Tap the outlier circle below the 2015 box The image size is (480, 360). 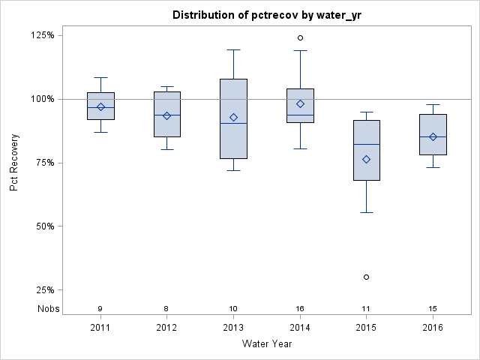[366, 277]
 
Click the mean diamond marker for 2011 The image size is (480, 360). [100, 106]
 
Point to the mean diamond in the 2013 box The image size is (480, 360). [233, 117]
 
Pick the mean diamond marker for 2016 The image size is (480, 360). [433, 136]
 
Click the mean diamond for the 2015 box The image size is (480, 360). [366, 159]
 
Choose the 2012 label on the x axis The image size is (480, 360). [166, 328]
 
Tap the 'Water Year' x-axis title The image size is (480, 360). [267, 344]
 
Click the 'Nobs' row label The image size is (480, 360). [47, 308]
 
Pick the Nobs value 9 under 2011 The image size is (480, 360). [100, 309]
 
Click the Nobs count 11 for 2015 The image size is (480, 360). [366, 309]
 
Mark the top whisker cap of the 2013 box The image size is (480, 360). [233, 49]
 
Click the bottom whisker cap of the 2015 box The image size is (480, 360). [366, 212]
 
